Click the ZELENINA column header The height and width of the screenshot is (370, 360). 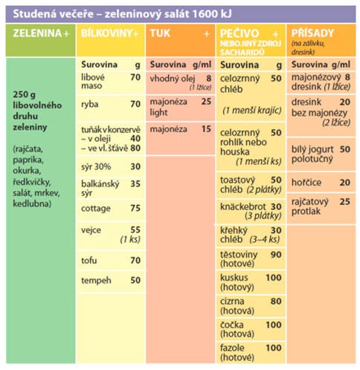37,33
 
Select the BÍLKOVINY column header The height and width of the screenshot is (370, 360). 106,33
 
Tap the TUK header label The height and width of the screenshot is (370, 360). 160,33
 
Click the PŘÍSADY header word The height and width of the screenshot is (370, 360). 312,33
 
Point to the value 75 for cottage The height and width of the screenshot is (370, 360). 135,208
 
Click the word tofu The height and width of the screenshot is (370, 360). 89,260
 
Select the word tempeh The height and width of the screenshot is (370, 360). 96,281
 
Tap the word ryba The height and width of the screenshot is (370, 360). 90,105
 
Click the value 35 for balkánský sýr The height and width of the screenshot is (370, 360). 135,184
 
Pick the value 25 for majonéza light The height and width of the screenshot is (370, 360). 206,101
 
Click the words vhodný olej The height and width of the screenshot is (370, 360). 173,79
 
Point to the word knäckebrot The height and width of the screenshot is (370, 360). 243,207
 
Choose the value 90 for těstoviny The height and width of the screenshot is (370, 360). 276,255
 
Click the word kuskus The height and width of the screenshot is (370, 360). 234,278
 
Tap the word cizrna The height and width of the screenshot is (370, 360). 232,302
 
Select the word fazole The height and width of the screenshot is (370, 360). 232,348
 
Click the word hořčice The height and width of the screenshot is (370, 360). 306,183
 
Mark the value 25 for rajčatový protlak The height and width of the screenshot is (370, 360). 345,201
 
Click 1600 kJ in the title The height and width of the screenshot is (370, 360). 212,14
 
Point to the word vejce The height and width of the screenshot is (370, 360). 91,230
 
